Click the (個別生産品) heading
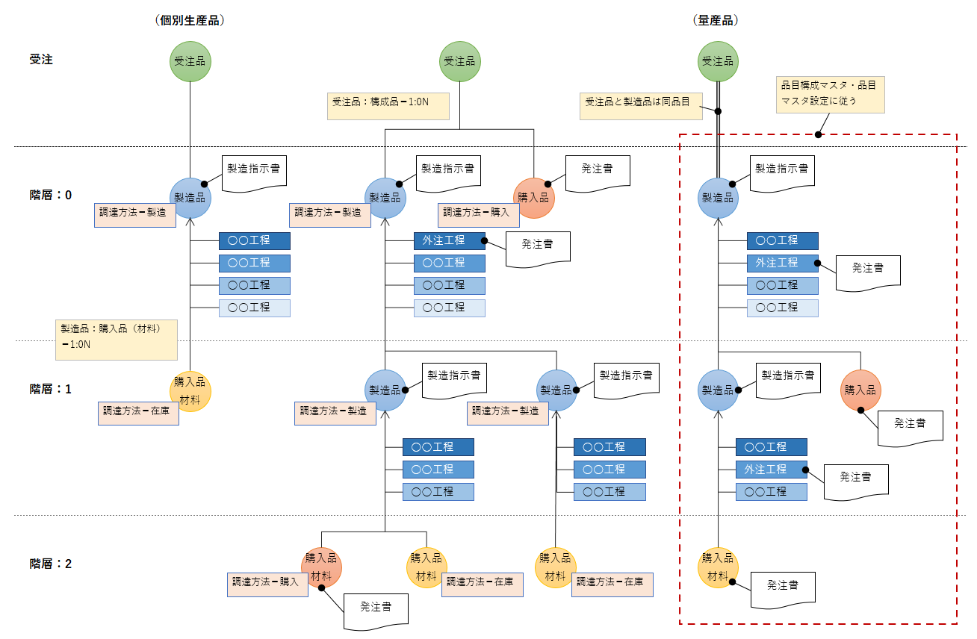pyautogui.click(x=190, y=21)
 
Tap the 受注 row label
pyautogui.click(x=41, y=60)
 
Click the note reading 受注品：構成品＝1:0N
pyautogui.click(x=388, y=106)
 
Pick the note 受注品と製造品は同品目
pyautogui.click(x=641, y=105)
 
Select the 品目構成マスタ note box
pyautogui.click(x=830, y=93)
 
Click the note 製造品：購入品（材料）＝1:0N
pyautogui.click(x=116, y=339)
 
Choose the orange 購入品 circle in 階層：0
pyautogui.click(x=534, y=198)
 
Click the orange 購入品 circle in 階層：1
pyautogui.click(x=861, y=390)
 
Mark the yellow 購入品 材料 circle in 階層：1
pyautogui.click(x=190, y=390)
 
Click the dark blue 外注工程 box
pyautogui.click(x=449, y=240)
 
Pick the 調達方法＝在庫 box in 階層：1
pyautogui.click(x=138, y=413)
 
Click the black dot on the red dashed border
pyautogui.click(x=819, y=135)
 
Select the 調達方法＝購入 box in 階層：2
pyautogui.click(x=267, y=585)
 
